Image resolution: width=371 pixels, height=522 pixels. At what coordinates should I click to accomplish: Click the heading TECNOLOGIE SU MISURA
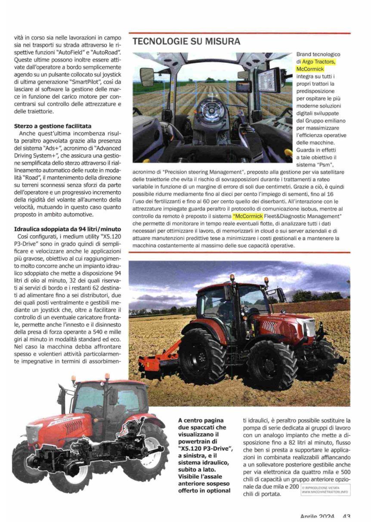186,42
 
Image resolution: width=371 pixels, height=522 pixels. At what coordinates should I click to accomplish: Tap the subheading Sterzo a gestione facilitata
53,126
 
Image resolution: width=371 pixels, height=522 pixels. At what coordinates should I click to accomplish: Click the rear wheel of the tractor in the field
202,356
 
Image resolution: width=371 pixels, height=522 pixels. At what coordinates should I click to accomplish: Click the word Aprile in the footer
312,517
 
